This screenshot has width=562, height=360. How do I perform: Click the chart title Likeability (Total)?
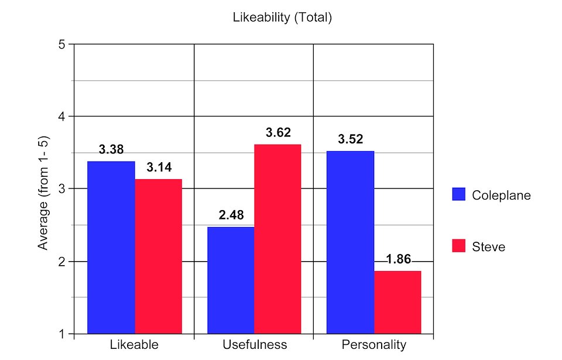click(282, 18)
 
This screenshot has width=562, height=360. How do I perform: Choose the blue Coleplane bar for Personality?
click(350, 242)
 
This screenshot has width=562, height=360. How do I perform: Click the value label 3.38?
click(111, 149)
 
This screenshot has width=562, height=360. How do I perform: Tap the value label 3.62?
click(278, 133)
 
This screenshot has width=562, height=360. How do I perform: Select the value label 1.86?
click(398, 259)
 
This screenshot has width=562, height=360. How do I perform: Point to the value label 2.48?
click(231, 215)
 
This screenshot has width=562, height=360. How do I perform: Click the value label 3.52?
click(350, 139)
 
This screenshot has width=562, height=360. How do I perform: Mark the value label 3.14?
click(159, 167)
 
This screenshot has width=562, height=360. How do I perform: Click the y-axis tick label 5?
click(62, 44)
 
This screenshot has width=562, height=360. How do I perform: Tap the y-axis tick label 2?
click(62, 262)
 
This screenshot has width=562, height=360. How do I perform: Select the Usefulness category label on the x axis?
click(255, 344)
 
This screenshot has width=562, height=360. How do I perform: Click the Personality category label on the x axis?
click(373, 344)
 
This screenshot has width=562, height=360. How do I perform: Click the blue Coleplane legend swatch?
click(458, 195)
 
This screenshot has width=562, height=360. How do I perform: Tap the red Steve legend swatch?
click(458, 246)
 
